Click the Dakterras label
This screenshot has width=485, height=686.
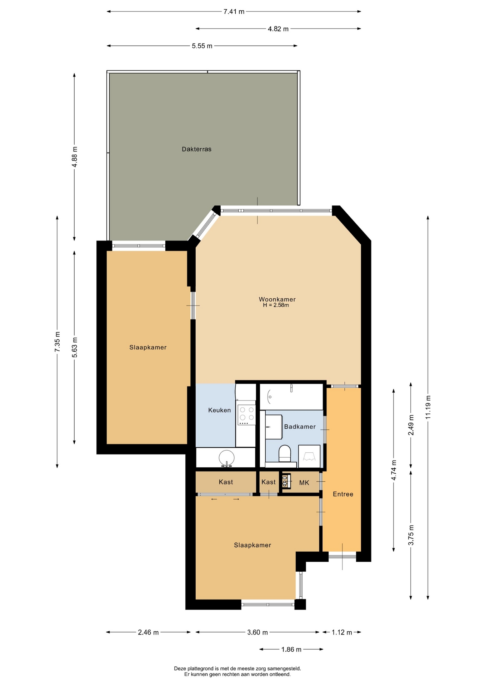click(x=196, y=149)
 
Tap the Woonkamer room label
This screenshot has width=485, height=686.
click(x=277, y=299)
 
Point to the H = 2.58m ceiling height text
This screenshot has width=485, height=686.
click(x=276, y=305)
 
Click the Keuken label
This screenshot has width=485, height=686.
click(x=219, y=410)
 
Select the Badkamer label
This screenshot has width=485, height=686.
click(x=300, y=427)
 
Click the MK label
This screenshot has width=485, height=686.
click(x=304, y=483)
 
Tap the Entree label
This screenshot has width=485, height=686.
click(x=343, y=494)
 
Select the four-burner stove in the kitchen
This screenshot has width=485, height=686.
click(x=246, y=414)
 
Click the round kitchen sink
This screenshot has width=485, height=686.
click(x=226, y=458)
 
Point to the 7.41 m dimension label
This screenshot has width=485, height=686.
click(x=234, y=11)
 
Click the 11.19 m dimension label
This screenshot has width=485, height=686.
click(x=428, y=407)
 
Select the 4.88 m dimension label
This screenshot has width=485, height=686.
click(x=75, y=157)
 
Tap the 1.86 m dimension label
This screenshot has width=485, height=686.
click(x=291, y=650)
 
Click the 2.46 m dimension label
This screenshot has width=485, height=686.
click(x=148, y=632)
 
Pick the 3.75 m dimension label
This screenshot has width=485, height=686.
click(x=411, y=535)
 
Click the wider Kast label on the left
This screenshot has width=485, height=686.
click(x=226, y=482)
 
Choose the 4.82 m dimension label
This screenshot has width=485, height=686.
click(x=278, y=29)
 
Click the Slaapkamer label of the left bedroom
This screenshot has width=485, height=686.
click(x=148, y=347)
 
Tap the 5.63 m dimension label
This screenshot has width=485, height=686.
click(x=75, y=347)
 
